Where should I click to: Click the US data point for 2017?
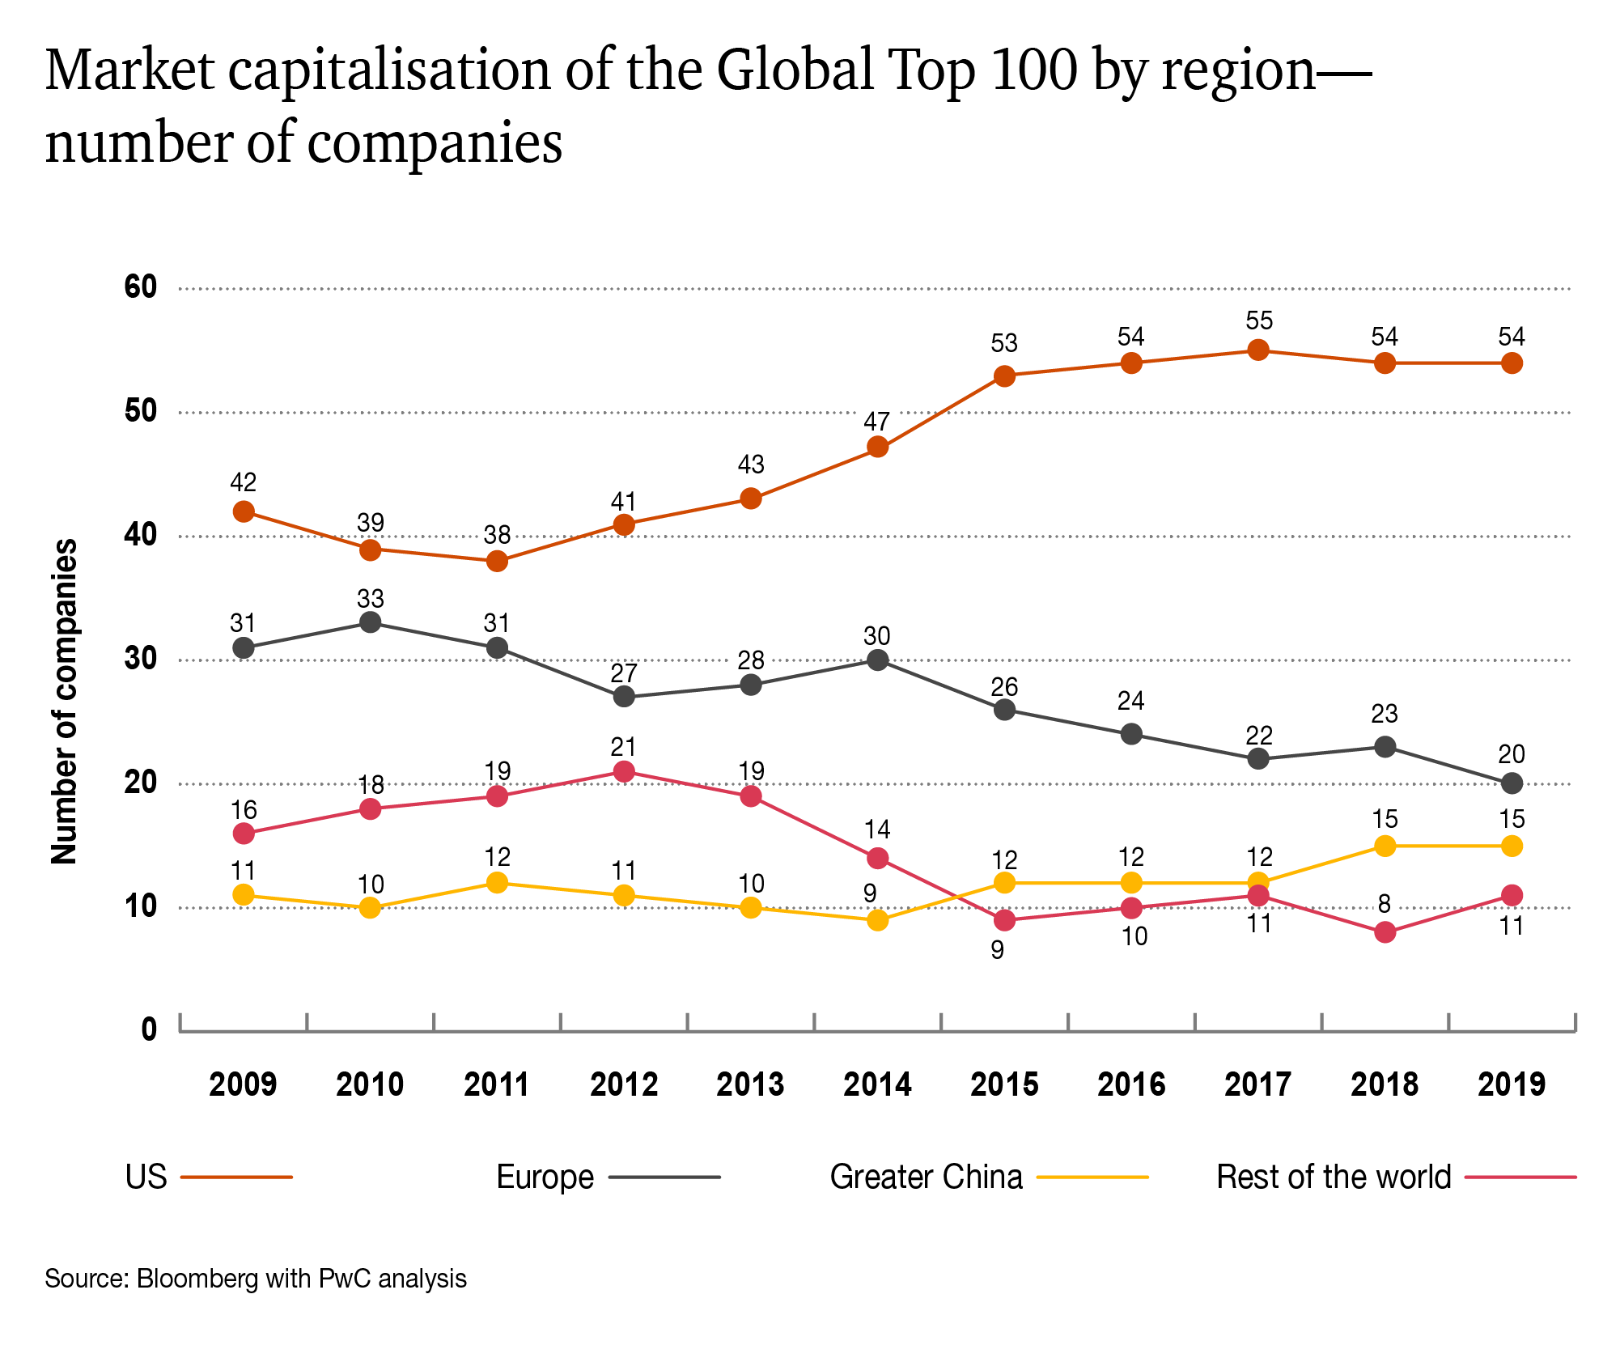click(1257, 350)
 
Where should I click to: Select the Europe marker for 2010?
click(370, 622)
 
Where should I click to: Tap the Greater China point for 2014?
click(877, 920)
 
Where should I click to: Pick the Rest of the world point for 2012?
click(624, 771)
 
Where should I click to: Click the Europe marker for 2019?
click(1512, 783)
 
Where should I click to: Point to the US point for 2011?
click(497, 561)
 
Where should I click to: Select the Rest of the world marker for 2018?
click(1385, 932)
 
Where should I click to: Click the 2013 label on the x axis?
click(750, 1084)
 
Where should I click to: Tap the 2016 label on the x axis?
click(1131, 1084)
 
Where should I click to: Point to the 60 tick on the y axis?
click(141, 287)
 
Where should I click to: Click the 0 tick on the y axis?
click(149, 1029)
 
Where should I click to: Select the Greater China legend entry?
click(926, 1177)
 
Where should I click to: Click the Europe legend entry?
click(545, 1177)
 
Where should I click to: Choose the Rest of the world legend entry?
click(1334, 1177)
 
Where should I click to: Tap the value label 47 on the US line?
click(876, 422)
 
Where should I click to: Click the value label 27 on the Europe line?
click(624, 673)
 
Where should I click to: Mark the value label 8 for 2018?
click(1385, 904)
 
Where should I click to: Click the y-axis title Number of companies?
click(65, 701)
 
